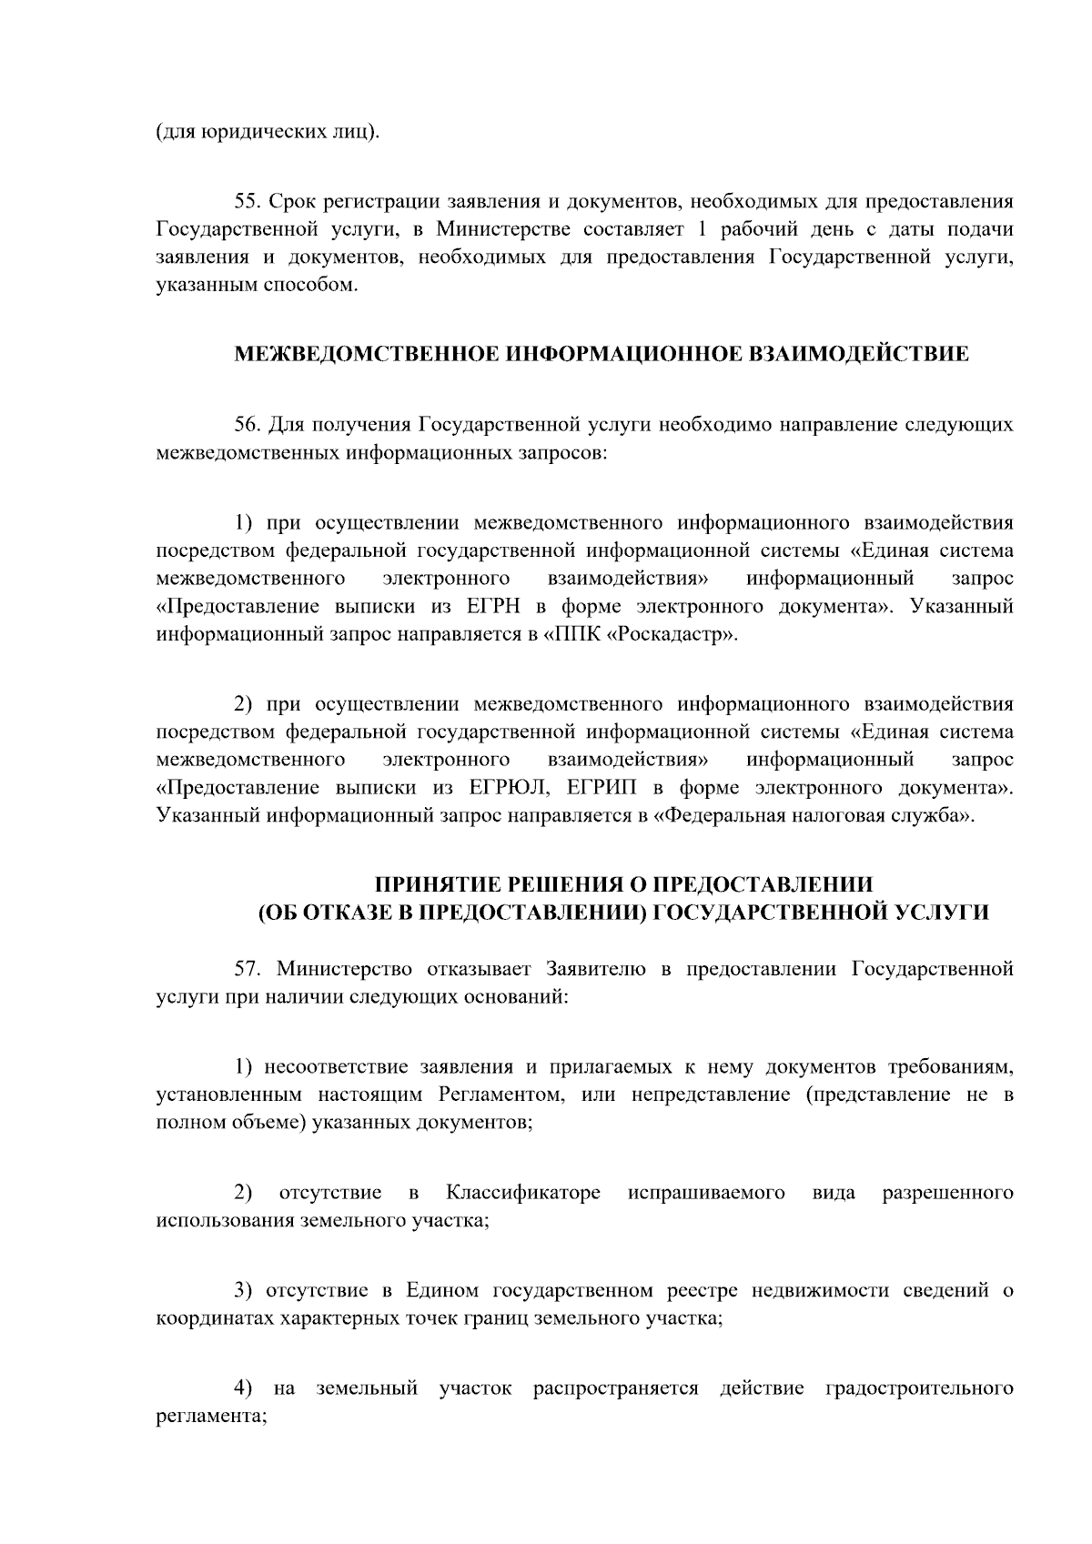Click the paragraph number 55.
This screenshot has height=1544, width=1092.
[x=248, y=200]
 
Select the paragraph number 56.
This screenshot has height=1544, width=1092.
[x=248, y=424]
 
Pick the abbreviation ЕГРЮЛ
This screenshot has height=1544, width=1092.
[x=505, y=787]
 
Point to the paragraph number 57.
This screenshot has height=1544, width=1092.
[x=248, y=968]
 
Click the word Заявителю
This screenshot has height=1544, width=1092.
[x=596, y=968]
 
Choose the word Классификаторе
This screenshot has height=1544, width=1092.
[x=523, y=1192]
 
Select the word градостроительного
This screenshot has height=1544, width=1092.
[x=920, y=1388]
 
